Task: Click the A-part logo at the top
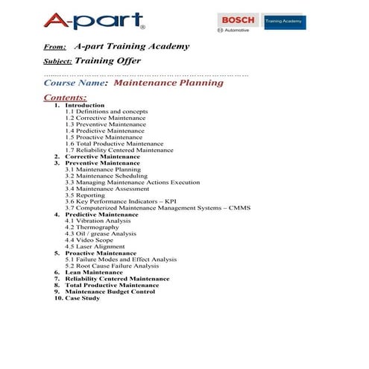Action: (93, 20)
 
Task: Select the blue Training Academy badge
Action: (284, 22)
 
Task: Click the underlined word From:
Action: (55, 47)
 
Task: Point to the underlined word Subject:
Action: (57, 62)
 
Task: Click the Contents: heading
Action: (65, 98)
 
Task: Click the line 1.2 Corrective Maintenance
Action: (105, 118)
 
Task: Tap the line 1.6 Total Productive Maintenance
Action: (113, 143)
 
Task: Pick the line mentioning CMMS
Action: (157, 208)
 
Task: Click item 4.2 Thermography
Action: (92, 227)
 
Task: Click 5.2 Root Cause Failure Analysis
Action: (112, 265)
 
